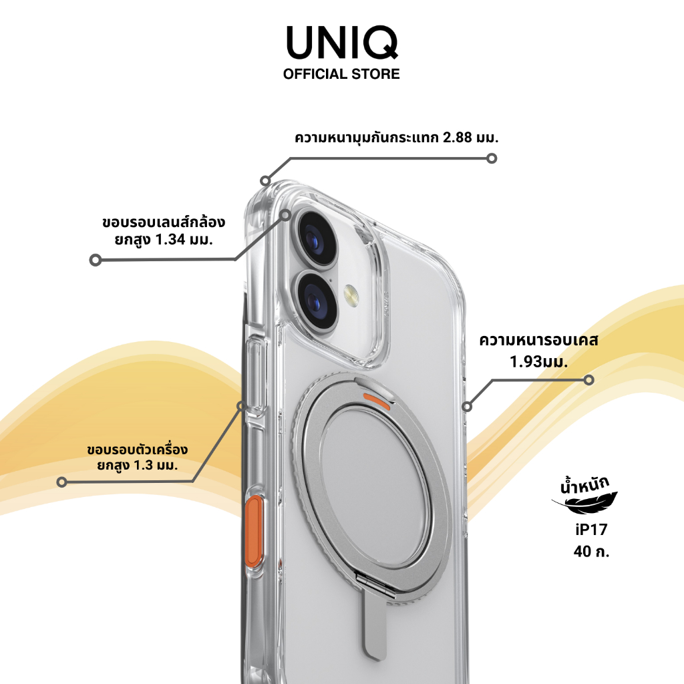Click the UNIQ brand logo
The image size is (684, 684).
[x=341, y=42]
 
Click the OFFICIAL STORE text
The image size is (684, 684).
[x=341, y=74]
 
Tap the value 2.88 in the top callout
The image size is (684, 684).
[x=458, y=138]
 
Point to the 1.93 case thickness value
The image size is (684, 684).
[x=525, y=361]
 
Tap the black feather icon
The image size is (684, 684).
[x=585, y=503]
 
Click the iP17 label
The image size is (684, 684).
[x=592, y=530]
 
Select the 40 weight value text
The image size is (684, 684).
[x=582, y=552]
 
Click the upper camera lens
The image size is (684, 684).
[x=316, y=239]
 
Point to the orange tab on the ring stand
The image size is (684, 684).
[x=377, y=400]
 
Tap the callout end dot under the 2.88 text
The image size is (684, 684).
[x=492, y=158]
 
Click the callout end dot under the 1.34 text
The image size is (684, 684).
[x=95, y=260]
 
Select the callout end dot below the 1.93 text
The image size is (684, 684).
[x=589, y=380]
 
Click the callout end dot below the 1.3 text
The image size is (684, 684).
[x=62, y=482]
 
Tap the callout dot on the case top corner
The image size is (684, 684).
[x=265, y=180]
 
